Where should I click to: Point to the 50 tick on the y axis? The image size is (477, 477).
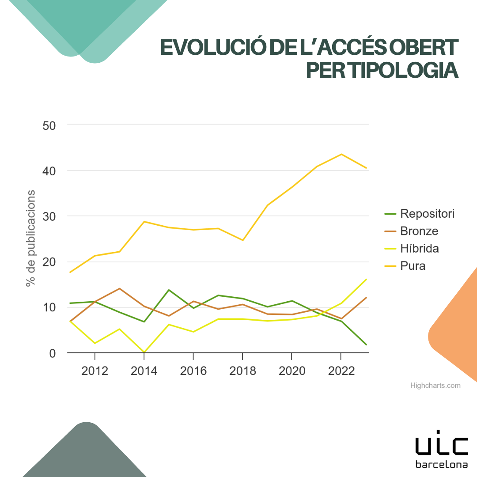pyautogui.click(x=49, y=125)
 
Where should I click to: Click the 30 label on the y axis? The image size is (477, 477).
pyautogui.click(x=49, y=216)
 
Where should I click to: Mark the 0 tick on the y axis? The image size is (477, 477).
pyautogui.click(x=53, y=353)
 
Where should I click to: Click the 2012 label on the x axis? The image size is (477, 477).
pyautogui.click(x=95, y=371)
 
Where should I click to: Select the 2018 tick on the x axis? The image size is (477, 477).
pyautogui.click(x=242, y=371)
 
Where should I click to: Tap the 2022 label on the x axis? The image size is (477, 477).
pyautogui.click(x=341, y=371)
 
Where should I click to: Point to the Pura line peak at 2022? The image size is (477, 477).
pyautogui.click(x=341, y=154)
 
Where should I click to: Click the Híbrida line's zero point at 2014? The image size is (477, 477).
pyautogui.click(x=144, y=352)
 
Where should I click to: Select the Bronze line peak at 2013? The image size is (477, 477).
pyautogui.click(x=120, y=288)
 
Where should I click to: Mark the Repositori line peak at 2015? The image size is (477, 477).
pyautogui.click(x=169, y=290)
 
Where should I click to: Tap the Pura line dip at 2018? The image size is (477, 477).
pyautogui.click(x=242, y=240)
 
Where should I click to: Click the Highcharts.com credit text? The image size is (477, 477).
pyautogui.click(x=435, y=386)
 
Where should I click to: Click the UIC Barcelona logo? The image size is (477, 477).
pyautogui.click(x=442, y=448)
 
